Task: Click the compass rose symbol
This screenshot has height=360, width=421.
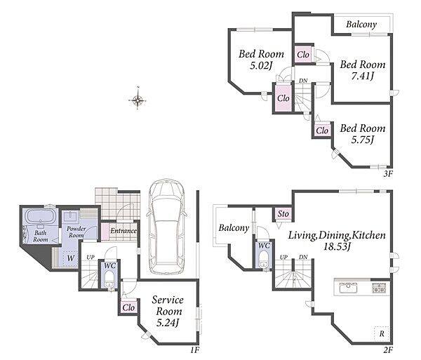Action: (138, 100)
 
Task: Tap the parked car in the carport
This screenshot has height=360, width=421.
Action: (167, 227)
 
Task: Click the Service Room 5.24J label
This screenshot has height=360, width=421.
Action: (168, 311)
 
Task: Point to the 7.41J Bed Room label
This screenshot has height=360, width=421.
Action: (363, 69)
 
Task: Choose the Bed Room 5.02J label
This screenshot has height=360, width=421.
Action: (261, 60)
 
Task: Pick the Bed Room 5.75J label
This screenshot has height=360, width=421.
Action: (363, 133)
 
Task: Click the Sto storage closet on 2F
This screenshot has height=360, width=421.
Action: (283, 214)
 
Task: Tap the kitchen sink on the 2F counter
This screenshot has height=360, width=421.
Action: (348, 288)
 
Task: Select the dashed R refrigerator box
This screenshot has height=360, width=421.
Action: (382, 334)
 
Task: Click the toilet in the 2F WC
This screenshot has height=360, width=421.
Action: (264, 260)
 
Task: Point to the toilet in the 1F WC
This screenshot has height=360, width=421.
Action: (109, 279)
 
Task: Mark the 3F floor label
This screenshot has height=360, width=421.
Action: (388, 174)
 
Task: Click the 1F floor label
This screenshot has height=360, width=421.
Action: (194, 350)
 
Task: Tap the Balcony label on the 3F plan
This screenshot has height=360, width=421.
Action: (361, 25)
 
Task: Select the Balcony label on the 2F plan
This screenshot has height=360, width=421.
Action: (234, 228)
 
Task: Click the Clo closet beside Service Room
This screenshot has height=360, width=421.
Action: (128, 307)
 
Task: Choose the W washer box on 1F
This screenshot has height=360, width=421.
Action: (71, 258)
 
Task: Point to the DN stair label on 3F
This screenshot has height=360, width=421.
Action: (303, 81)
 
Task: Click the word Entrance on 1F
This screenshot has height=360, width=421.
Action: (123, 231)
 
